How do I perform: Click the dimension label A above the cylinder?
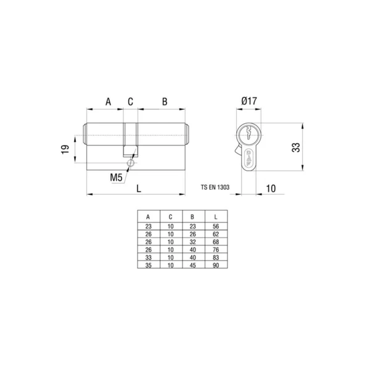click(109, 102)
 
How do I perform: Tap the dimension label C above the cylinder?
click(130, 102)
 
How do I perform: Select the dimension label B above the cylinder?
click(165, 102)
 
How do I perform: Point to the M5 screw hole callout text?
click(116, 178)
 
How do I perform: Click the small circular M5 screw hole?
click(131, 163)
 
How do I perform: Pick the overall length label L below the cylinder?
click(139, 189)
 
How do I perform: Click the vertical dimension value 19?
click(65, 149)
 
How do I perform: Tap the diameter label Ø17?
click(249, 101)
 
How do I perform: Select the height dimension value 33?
click(296, 147)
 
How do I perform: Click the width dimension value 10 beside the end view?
click(271, 189)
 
